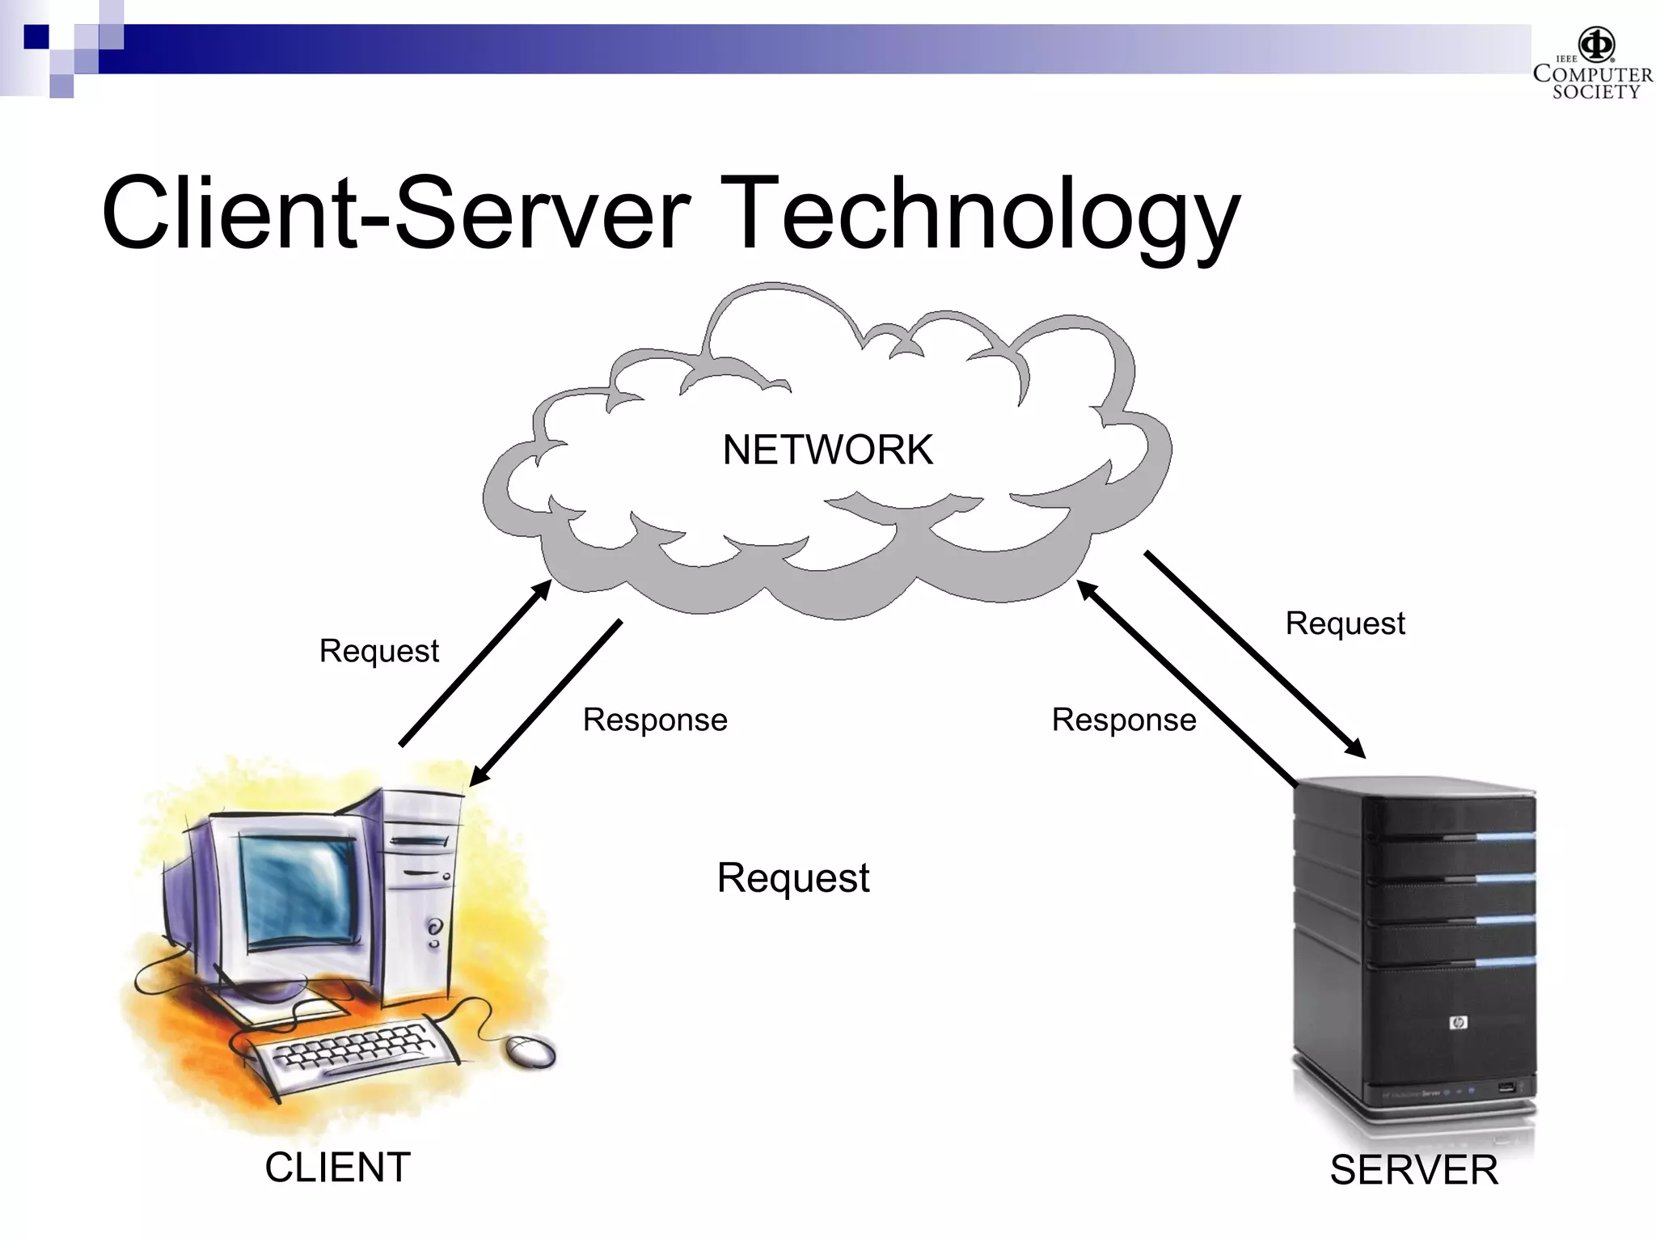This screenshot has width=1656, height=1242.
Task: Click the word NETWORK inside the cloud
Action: tap(827, 450)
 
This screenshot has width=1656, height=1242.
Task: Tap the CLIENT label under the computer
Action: tap(337, 1168)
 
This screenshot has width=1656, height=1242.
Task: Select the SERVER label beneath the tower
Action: tap(1413, 1170)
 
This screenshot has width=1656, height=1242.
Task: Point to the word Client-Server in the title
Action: tap(395, 214)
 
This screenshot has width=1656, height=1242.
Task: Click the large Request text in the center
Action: tap(792, 878)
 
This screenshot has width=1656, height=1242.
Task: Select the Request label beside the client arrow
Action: tap(378, 651)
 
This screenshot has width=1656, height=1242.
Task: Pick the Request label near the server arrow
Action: tap(1345, 623)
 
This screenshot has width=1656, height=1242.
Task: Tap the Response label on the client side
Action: tap(655, 720)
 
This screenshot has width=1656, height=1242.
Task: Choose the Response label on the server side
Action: tap(1123, 720)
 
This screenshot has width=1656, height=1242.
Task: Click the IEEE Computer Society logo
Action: tap(1592, 65)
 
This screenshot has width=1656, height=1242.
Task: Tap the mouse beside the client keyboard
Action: tap(531, 1051)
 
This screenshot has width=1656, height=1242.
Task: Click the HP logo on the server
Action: tap(1458, 1023)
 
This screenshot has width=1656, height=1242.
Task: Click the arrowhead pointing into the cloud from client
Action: tap(542, 589)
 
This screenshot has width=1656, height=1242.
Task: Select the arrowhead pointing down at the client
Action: tap(479, 776)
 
